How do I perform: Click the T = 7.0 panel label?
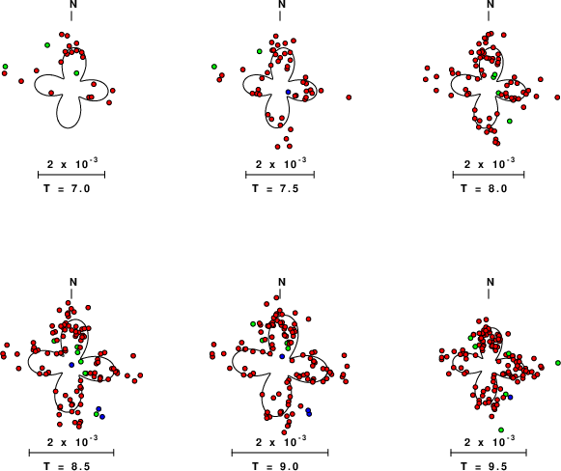(67, 188)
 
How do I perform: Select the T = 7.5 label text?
(275, 188)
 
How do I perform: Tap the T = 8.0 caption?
(484, 188)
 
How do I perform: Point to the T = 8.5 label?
(67, 466)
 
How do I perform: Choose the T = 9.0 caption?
(275, 466)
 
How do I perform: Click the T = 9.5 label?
(484, 466)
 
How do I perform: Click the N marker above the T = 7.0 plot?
(73, 4)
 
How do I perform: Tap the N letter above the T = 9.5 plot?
(491, 282)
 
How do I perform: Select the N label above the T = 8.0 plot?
(491, 4)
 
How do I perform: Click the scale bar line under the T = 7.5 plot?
(280, 175)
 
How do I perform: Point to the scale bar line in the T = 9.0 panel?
(280, 453)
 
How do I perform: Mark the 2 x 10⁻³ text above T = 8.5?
(72, 442)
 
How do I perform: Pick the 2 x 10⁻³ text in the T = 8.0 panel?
(490, 163)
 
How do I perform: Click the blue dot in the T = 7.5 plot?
(289, 92)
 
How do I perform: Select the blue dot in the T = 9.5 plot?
(510, 397)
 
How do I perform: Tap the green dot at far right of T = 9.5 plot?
(558, 363)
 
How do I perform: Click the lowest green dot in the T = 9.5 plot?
(501, 429)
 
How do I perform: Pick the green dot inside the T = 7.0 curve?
(76, 73)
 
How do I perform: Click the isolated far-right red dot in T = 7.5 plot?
(349, 97)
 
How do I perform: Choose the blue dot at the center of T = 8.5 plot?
(71, 365)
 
